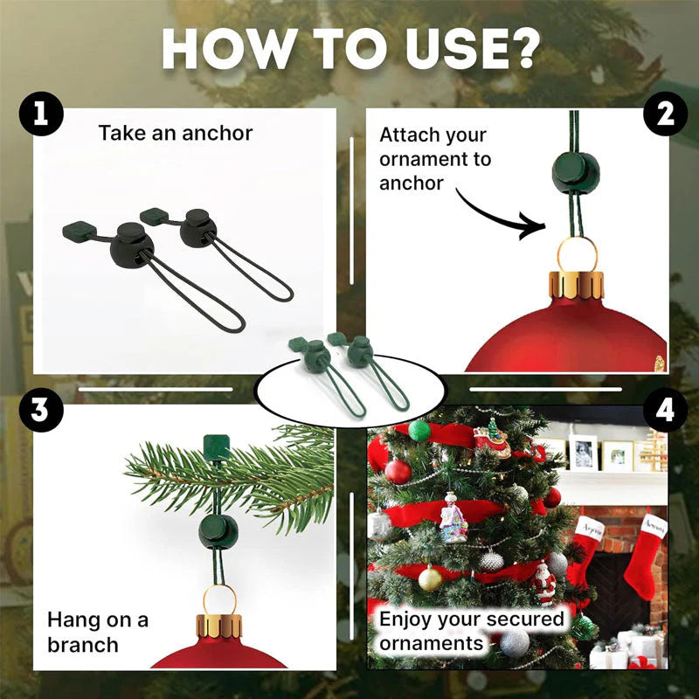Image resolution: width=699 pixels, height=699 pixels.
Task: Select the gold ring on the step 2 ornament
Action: (x=578, y=253)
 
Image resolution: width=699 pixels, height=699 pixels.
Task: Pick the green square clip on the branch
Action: (x=215, y=446)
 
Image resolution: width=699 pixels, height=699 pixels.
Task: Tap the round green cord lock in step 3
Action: (x=215, y=531)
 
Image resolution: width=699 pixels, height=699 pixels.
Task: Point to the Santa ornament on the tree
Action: (x=544, y=583)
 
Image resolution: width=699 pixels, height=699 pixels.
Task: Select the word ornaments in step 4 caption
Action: (x=432, y=644)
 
